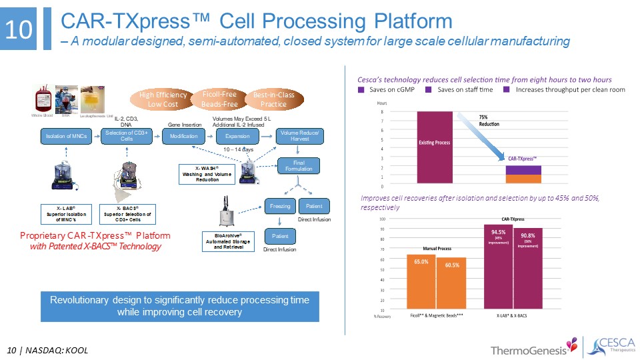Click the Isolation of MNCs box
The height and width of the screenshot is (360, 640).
pyautogui.click(x=62, y=136)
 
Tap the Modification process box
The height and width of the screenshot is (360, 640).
pyautogui.click(x=183, y=136)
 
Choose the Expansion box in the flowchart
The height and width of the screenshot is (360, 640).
pyautogui.click(x=237, y=136)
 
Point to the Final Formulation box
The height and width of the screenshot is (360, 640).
pyautogui.click(x=300, y=165)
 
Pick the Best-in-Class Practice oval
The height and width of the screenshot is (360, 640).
pyautogui.click(x=274, y=99)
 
